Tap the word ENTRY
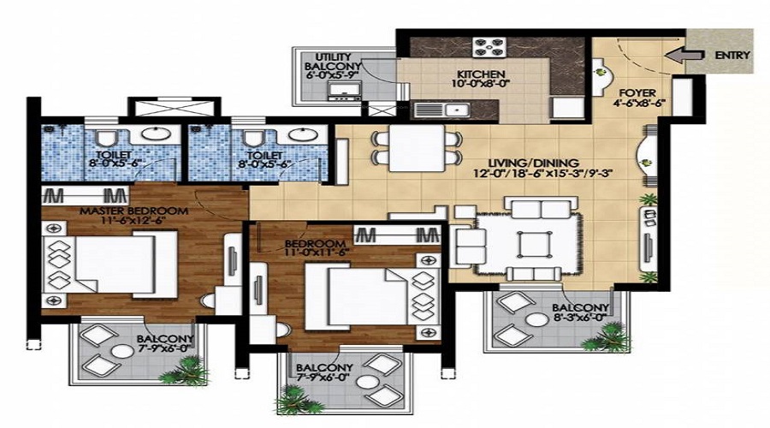[732, 55]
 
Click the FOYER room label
[637, 92]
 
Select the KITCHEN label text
[481, 74]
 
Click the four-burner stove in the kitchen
[489, 47]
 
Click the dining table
[417, 148]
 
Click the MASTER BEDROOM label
[134, 211]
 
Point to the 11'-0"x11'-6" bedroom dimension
[316, 253]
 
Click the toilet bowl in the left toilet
[105, 138]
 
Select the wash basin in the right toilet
[299, 134]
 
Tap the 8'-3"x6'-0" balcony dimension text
[580, 318]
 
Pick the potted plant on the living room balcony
[607, 337]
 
